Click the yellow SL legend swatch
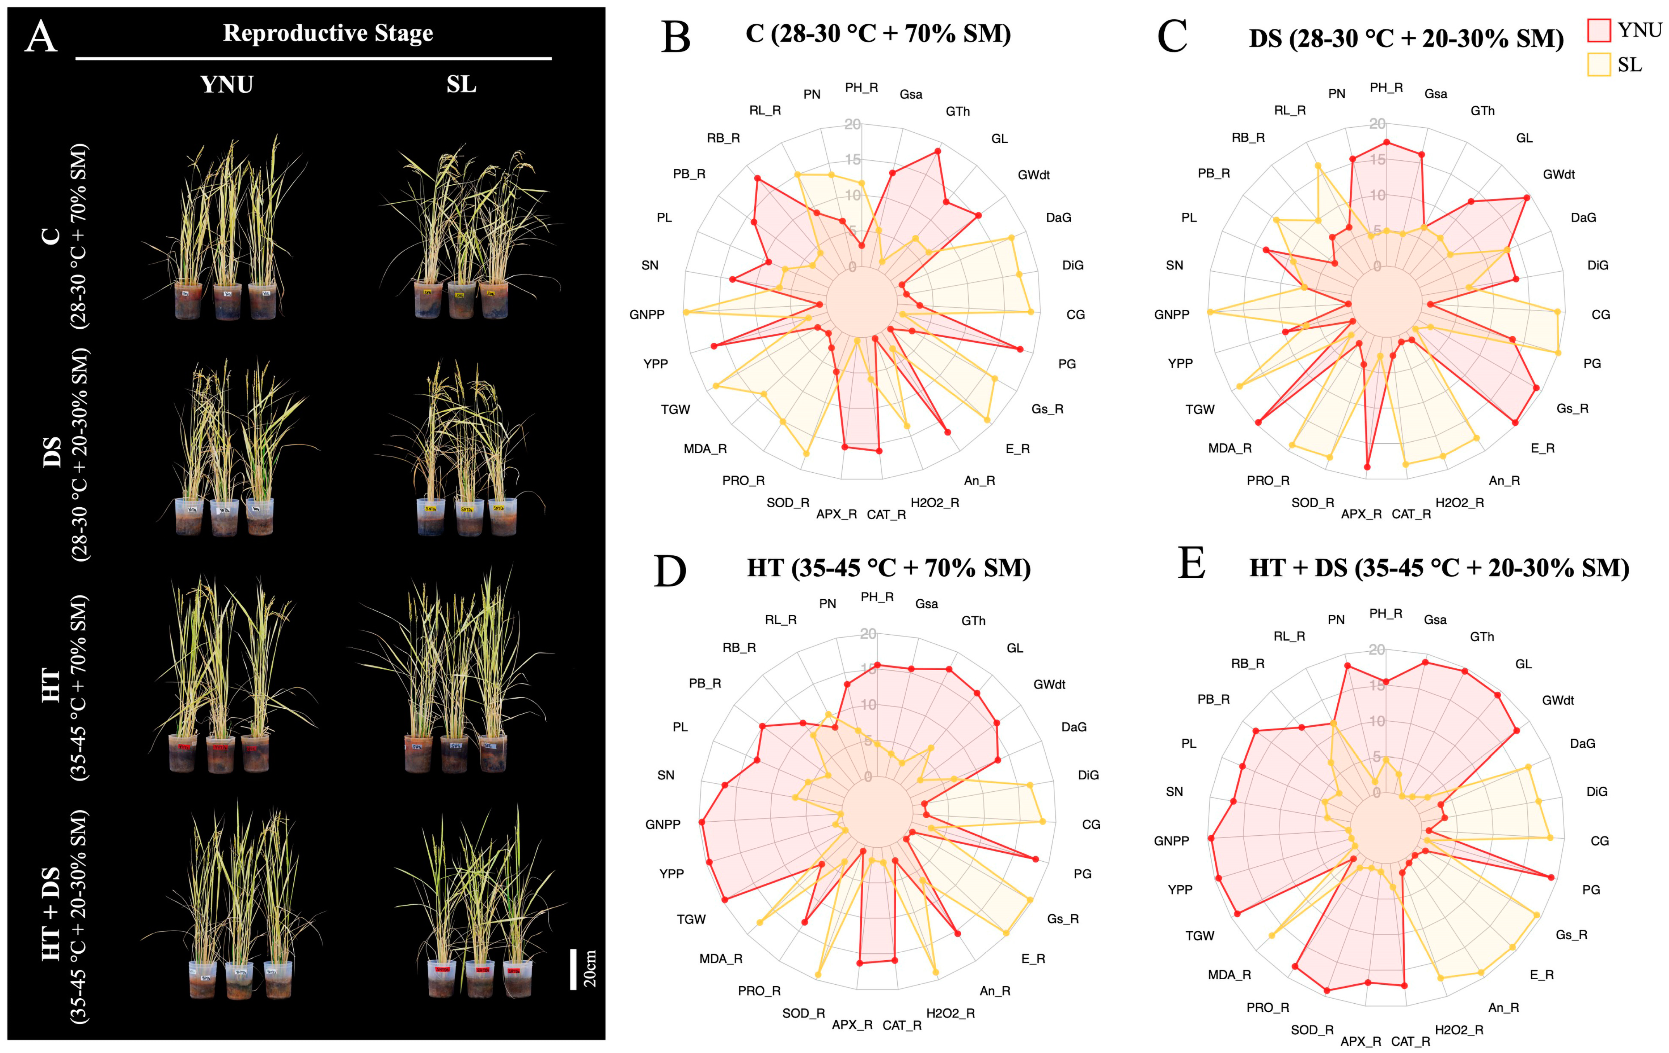pos(1598,64)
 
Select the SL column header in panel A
pos(461,85)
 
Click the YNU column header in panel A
pos(227,85)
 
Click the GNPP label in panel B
pos(647,315)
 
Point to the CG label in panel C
pos(1600,315)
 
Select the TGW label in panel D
pos(691,919)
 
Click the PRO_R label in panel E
pos(1268,1007)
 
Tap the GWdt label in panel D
pos(1049,684)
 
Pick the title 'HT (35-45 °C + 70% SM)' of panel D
pos(888,568)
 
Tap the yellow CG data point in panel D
pos(1043,821)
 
